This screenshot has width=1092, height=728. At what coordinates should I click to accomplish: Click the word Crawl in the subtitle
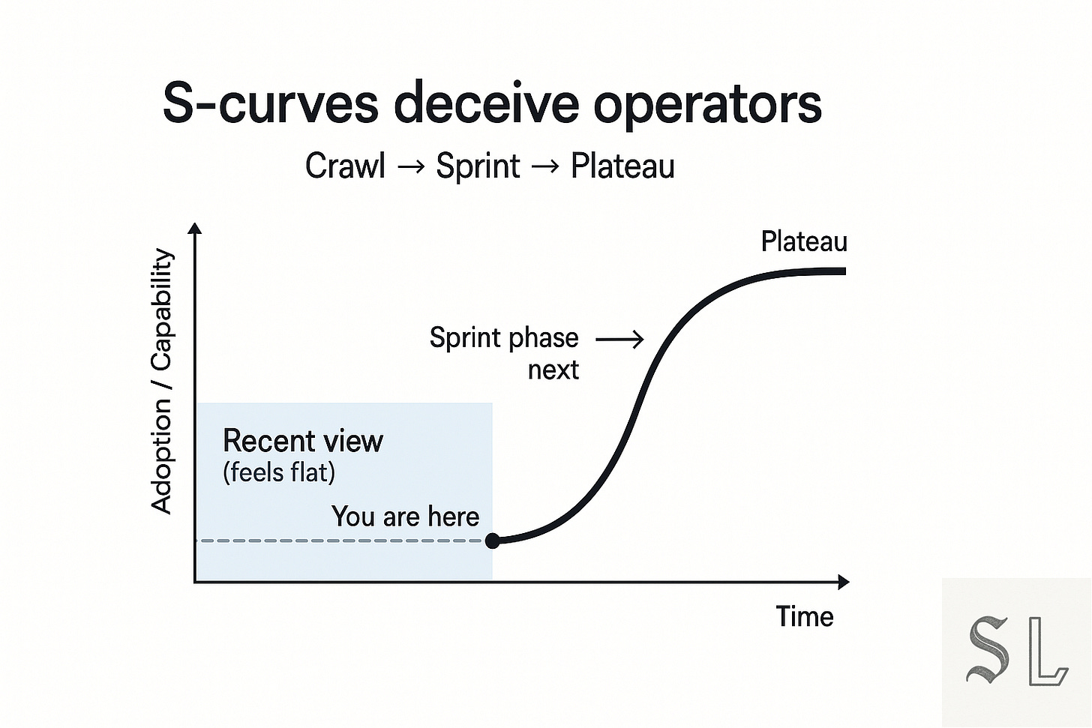(x=345, y=166)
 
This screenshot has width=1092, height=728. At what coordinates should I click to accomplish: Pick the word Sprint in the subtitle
(x=478, y=166)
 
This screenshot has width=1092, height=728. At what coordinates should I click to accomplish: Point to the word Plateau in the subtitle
(x=622, y=166)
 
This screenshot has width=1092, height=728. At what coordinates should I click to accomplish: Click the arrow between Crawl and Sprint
(x=411, y=166)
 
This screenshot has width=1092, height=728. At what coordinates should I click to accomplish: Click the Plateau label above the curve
(x=804, y=241)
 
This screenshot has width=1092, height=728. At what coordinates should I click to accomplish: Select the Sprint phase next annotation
(x=504, y=353)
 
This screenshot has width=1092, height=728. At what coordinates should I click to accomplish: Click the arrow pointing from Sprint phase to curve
(x=619, y=340)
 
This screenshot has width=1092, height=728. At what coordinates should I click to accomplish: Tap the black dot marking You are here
(x=493, y=541)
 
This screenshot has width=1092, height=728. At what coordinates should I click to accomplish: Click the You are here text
(x=405, y=517)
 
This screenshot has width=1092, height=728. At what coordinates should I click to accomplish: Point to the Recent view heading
(x=303, y=441)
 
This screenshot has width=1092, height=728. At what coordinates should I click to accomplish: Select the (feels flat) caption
(x=279, y=473)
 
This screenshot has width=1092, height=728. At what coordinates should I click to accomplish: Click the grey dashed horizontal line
(x=337, y=541)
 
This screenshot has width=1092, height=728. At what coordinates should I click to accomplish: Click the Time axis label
(x=805, y=617)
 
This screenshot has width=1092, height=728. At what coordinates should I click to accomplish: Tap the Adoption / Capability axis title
(x=162, y=381)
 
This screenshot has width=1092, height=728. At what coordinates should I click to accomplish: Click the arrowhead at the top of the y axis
(x=195, y=228)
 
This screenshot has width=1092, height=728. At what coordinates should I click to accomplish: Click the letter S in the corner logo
(x=988, y=649)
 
